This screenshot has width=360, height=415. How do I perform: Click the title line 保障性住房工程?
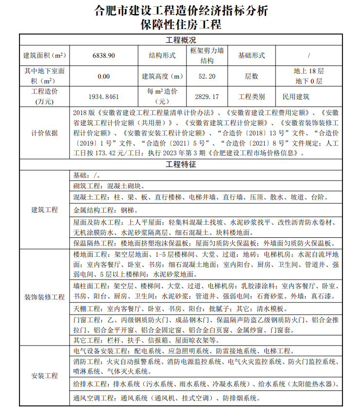180,24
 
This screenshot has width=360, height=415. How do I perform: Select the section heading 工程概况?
181,40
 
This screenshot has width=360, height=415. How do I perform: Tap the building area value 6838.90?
103,55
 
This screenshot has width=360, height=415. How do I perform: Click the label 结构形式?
162,55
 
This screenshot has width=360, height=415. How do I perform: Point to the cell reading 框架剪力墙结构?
207,55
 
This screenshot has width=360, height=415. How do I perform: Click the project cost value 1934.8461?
103,97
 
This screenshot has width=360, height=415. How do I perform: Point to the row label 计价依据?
45,133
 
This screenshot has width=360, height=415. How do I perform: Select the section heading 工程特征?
181,165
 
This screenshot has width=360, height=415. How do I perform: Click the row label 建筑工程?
45,210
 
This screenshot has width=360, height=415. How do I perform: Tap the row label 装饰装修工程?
45,297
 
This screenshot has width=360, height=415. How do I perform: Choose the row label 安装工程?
45,376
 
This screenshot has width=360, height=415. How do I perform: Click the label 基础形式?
251,55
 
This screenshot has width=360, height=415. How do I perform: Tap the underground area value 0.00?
103,76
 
